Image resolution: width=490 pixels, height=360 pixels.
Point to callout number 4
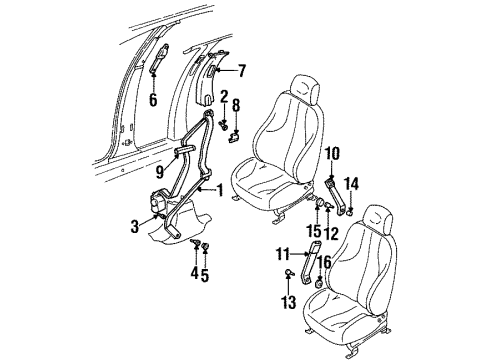pos(194,272)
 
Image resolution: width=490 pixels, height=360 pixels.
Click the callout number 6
pos(153,99)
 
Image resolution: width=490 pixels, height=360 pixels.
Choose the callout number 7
pos(241,70)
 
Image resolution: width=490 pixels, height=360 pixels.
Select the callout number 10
pos(332,153)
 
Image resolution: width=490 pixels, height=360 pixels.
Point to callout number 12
pos(332,233)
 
